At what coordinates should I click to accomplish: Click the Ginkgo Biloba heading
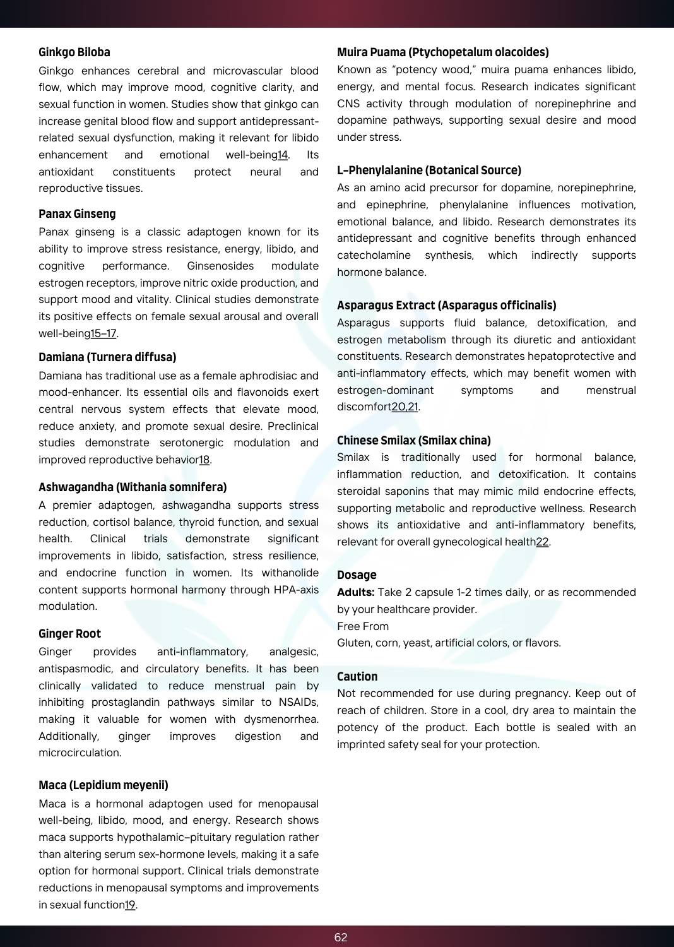[x=74, y=52]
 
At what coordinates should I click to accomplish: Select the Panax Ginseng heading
[x=77, y=214]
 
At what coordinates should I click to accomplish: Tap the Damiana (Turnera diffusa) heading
[x=107, y=357]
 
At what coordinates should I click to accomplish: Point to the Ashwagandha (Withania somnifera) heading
[x=133, y=487]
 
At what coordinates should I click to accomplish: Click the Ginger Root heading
[x=69, y=634]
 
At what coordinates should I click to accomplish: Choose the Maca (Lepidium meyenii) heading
[x=103, y=785]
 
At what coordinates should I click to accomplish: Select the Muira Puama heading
[x=443, y=52]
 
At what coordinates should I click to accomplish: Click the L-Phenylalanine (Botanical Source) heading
[x=429, y=170]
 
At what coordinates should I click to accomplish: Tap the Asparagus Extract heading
[x=447, y=306]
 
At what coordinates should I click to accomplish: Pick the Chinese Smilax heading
[x=414, y=441]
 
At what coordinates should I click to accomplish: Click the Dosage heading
[x=357, y=575]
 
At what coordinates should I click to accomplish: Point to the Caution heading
[x=357, y=677]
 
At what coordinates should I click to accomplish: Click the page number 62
[x=341, y=938]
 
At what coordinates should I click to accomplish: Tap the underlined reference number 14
[x=283, y=155]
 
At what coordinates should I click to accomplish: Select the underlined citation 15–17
[x=103, y=333]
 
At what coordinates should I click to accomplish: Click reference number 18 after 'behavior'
[x=204, y=460]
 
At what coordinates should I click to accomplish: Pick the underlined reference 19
[x=130, y=905]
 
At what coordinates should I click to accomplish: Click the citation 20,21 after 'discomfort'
[x=405, y=407]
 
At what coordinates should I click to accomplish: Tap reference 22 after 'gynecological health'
[x=542, y=542]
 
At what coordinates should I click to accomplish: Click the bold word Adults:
[x=356, y=593]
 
